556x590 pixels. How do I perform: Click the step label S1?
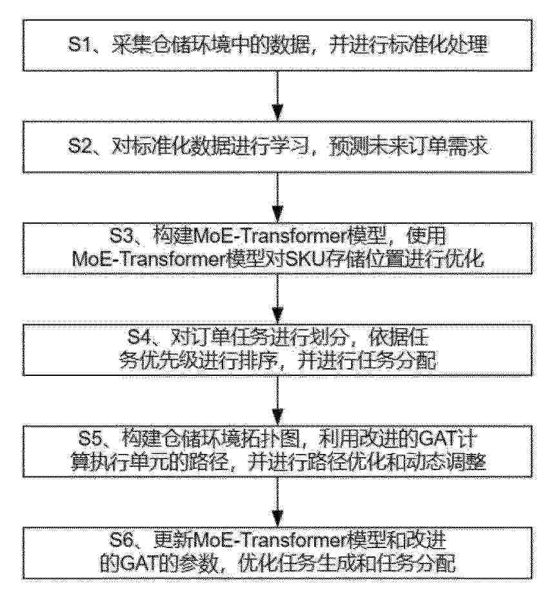point(79,44)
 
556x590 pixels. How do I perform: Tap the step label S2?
point(79,146)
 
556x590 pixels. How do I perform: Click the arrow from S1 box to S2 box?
point(277,95)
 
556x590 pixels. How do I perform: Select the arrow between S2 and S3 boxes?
point(277,197)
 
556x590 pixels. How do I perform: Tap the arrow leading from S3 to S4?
point(277,299)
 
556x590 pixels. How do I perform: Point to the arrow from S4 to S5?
point(277,400)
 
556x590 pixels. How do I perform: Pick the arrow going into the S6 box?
point(277,502)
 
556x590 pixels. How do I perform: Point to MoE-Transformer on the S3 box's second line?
point(150,259)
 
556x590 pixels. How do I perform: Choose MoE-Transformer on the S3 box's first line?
point(270,236)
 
